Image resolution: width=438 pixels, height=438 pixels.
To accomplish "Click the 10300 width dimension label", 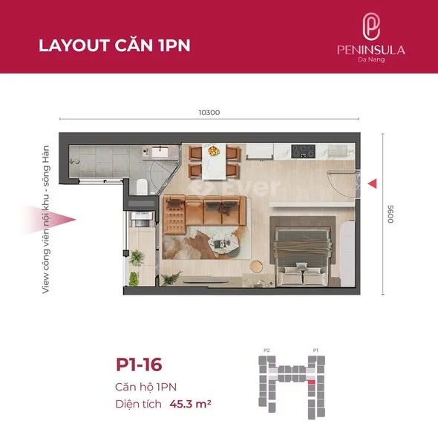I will click(x=209, y=113).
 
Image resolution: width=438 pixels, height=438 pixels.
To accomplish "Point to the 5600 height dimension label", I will click(x=388, y=215).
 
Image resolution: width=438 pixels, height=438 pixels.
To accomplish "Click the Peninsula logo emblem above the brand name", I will click(x=371, y=27).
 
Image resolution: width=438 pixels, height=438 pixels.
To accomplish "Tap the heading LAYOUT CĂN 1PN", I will click(x=114, y=45).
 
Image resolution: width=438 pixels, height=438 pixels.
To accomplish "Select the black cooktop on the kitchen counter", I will click(x=304, y=151).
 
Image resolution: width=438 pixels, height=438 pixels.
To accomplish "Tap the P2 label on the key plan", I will click(x=267, y=350).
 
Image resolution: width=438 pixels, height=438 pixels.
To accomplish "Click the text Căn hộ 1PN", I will click(x=146, y=388).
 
